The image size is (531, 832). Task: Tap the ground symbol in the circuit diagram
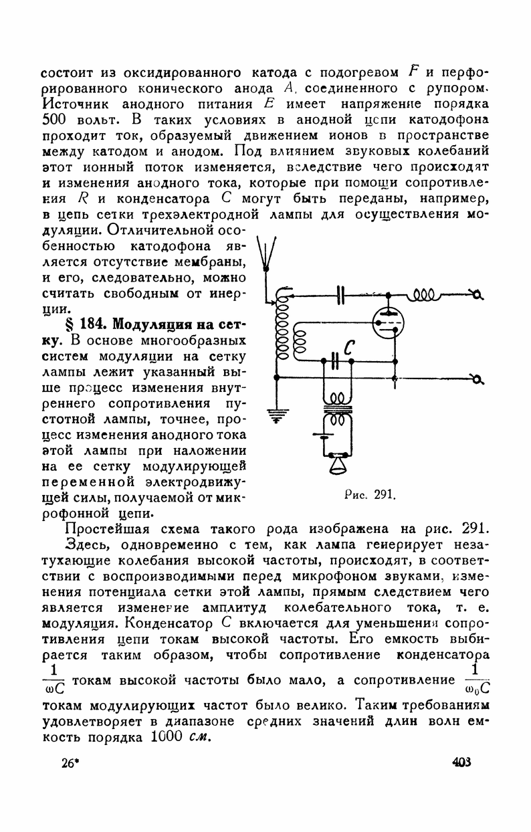click(276, 415)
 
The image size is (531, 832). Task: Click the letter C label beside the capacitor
click(350, 346)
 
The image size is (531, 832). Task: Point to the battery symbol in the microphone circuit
click(321, 435)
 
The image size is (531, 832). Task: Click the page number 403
click(461, 762)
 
